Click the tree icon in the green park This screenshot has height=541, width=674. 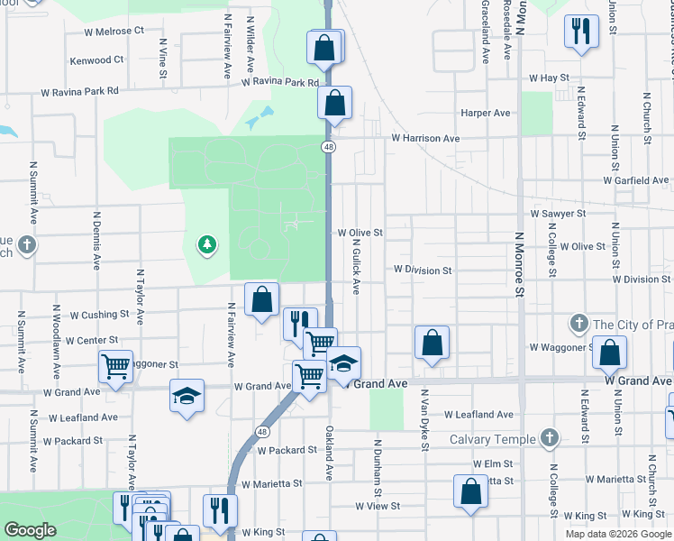tap(207, 244)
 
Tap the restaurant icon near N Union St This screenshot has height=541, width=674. tap(580, 32)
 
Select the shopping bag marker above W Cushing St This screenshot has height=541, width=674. tap(261, 298)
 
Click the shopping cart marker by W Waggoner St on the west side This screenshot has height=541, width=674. tap(115, 366)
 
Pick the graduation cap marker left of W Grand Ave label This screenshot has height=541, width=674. tap(187, 397)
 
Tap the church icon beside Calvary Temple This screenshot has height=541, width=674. tap(550, 439)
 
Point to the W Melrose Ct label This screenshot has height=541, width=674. tap(114, 31)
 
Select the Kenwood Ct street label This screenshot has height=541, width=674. tap(97, 60)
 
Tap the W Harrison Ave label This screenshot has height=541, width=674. tap(425, 139)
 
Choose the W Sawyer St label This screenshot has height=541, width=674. tap(559, 214)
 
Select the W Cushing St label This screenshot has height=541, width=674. tap(100, 315)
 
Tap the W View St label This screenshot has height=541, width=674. tap(377, 507)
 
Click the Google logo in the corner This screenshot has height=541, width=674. tap(31, 530)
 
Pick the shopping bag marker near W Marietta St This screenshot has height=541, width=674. tap(470, 491)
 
